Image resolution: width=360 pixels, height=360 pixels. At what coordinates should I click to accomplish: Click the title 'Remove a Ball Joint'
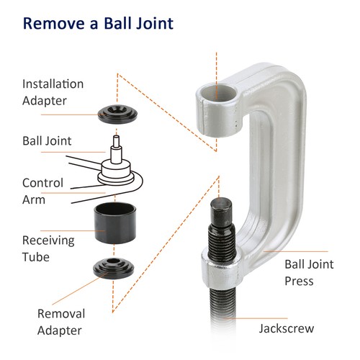[99, 23]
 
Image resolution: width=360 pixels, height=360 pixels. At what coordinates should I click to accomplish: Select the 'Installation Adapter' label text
[53, 91]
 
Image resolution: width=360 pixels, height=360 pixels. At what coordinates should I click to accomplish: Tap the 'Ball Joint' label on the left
[47, 141]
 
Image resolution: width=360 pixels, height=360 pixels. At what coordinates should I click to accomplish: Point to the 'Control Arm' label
[42, 190]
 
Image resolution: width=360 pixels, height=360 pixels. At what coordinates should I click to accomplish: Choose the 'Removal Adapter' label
[60, 322]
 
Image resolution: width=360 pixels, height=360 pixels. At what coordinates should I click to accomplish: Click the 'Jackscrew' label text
[286, 328]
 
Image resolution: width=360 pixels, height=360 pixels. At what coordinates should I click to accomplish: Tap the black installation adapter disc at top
[117, 112]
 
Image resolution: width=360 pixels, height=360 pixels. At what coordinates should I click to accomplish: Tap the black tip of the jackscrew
[220, 212]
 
